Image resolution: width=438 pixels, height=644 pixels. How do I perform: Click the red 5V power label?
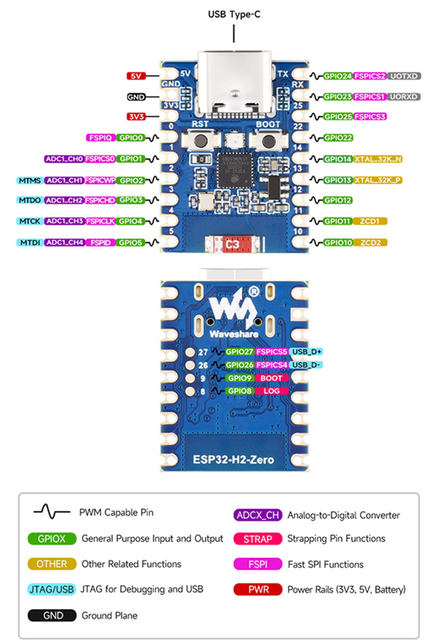click(x=136, y=76)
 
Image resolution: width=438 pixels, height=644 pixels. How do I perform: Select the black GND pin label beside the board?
click(x=136, y=97)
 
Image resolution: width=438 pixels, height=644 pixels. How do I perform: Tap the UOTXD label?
click(x=405, y=76)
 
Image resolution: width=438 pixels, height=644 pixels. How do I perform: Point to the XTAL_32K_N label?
click(x=378, y=159)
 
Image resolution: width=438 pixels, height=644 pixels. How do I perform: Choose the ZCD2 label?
click(x=370, y=242)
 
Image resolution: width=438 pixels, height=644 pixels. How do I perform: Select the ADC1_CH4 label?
click(x=64, y=242)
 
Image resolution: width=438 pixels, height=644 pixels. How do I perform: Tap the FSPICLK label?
click(x=100, y=222)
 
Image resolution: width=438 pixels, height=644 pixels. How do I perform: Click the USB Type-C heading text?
click(x=234, y=14)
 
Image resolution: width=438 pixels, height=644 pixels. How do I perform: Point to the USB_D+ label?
click(x=307, y=352)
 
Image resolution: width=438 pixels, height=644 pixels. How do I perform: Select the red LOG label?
click(x=271, y=391)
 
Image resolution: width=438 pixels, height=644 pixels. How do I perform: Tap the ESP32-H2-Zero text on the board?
click(x=233, y=460)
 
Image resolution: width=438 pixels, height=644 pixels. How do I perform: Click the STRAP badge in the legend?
click(x=258, y=538)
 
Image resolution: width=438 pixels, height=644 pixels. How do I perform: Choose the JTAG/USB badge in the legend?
click(x=52, y=589)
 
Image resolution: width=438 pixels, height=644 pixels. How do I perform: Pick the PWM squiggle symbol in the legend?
click(x=52, y=513)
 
